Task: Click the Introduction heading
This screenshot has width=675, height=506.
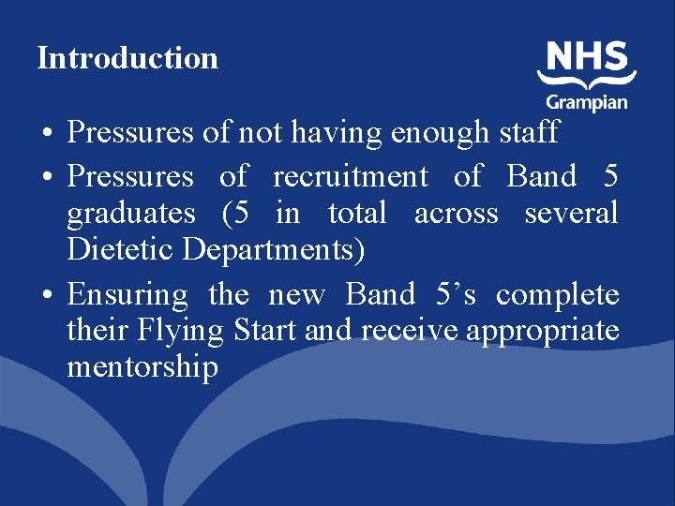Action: [127, 58]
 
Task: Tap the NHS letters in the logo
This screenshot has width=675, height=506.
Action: [587, 58]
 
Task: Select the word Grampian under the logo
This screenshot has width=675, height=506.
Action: [588, 100]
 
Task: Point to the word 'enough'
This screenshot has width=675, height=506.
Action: [440, 133]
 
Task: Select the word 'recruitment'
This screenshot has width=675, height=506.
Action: [351, 176]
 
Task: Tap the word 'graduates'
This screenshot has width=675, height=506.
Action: [131, 214]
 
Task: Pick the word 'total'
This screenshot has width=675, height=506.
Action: [357, 214]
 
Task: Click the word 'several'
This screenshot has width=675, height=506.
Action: [571, 214]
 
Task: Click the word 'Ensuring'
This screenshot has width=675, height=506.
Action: [127, 296]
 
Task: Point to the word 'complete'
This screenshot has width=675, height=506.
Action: [558, 296]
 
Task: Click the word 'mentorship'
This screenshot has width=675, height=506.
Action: [142, 366]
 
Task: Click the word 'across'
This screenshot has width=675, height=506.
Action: [456, 214]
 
